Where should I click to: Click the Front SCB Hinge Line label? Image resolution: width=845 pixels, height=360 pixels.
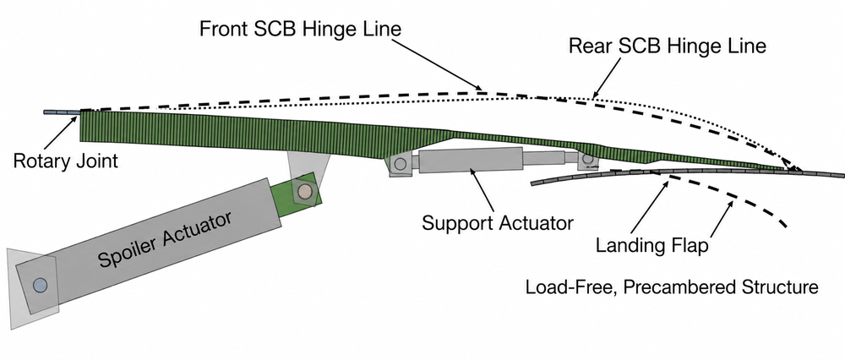tap(300, 29)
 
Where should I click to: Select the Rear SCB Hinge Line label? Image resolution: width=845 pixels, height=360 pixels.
tap(668, 46)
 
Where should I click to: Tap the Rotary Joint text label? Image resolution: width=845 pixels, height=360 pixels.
tap(66, 161)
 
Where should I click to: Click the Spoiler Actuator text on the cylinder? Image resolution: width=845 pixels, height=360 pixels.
tap(165, 239)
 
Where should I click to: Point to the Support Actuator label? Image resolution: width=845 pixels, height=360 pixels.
tap(498, 222)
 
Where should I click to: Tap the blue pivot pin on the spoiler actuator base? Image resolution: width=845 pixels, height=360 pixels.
tap(40, 284)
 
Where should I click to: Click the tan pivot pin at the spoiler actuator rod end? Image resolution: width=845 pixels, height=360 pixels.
tap(304, 191)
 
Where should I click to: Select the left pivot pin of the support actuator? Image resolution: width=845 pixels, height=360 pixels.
tap(400, 163)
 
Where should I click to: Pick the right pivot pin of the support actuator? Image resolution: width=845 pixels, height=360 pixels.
tap(587, 160)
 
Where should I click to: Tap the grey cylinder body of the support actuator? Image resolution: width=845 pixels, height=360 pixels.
tap(471, 160)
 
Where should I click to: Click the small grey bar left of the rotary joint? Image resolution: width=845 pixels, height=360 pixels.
tap(62, 112)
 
